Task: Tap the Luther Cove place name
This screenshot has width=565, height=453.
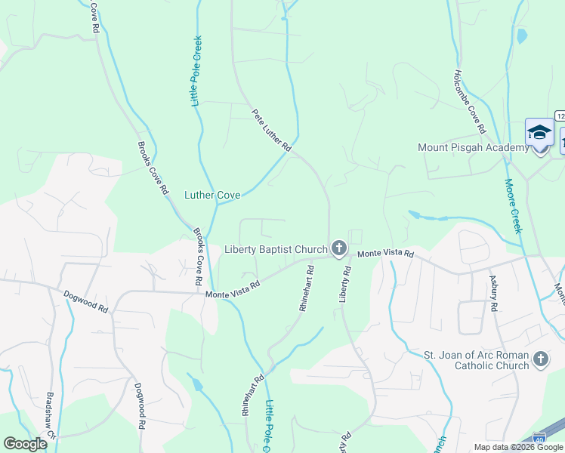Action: [x=212, y=195]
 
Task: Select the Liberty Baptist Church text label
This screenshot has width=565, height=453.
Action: [x=276, y=249]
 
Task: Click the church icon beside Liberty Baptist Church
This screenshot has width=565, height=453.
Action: [x=339, y=248]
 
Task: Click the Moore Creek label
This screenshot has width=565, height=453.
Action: [x=512, y=205]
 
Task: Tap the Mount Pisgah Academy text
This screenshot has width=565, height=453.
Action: [x=474, y=148]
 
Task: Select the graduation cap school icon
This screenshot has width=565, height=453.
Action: [x=539, y=133]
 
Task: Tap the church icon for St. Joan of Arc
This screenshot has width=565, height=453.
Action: [x=540, y=359]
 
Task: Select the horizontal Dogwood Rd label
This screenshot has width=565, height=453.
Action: [x=86, y=302]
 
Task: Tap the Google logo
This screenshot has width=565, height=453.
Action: [x=25, y=444]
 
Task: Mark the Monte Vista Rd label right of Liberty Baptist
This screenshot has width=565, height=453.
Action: [x=386, y=254]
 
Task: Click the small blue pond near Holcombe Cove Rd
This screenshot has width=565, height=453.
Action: [x=520, y=35]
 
